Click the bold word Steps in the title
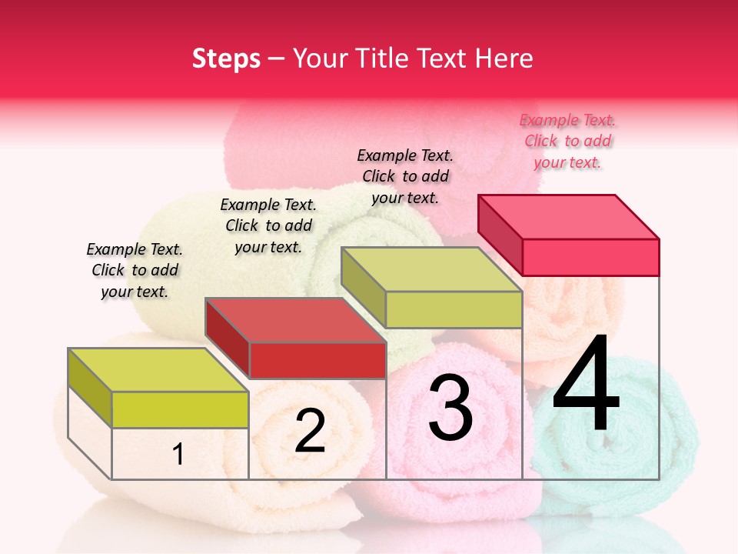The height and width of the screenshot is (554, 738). pos(226,58)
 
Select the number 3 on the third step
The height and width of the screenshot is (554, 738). pos(450,408)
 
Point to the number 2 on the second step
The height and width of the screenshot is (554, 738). pos(310,431)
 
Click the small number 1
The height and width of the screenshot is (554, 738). pos(178,454)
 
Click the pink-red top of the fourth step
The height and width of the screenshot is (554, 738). pos(569,216)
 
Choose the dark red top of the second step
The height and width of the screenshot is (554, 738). pos(296,319)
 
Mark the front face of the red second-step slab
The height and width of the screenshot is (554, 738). pos(317,360)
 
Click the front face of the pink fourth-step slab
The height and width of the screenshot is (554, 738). pos(590,257)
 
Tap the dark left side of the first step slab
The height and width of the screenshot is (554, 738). pos(90,388)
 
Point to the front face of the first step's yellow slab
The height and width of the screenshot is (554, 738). pos(180,409)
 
